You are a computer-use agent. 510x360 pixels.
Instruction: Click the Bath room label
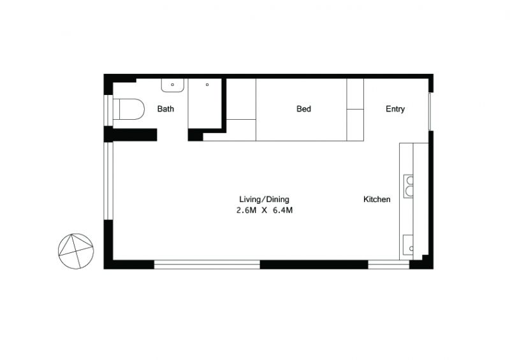(166, 108)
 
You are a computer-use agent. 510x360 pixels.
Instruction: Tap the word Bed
(304, 108)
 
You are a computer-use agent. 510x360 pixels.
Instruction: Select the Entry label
(395, 109)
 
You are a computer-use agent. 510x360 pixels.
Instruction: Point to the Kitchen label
(377, 199)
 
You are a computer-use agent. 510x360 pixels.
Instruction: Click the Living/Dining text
(264, 199)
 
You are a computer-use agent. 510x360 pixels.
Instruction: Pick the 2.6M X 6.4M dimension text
(265, 210)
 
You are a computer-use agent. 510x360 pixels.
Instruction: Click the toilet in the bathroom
(129, 109)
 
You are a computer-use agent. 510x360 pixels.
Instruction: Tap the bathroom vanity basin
(173, 85)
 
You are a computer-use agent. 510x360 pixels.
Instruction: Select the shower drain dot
(207, 85)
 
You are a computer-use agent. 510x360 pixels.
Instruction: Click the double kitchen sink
(409, 186)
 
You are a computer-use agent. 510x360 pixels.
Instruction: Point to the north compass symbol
(76, 251)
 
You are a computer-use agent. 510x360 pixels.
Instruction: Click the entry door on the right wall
(430, 112)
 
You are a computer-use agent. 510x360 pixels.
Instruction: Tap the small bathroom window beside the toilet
(108, 110)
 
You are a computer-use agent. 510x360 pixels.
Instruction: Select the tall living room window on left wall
(108, 181)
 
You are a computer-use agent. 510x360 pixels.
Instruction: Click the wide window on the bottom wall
(207, 264)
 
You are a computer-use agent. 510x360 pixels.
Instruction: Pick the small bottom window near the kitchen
(389, 264)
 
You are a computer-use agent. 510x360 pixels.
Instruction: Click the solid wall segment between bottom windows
(314, 264)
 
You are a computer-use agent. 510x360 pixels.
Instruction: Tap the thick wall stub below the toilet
(131, 134)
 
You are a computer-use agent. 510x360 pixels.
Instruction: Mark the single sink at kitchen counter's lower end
(408, 245)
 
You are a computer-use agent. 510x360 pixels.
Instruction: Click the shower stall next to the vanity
(205, 103)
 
